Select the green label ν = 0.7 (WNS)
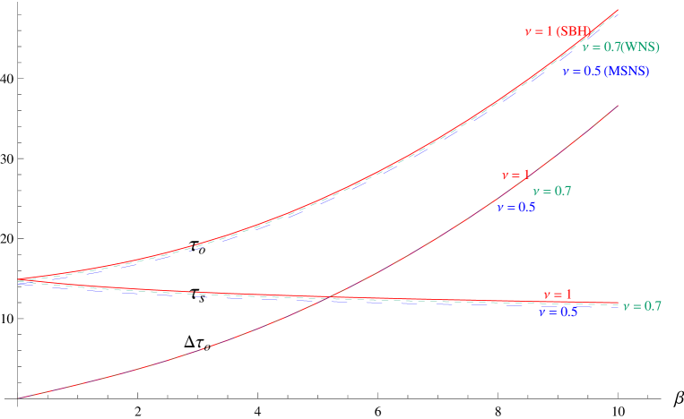click(620, 47)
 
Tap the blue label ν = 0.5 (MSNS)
click(605, 72)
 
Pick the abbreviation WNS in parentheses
click(642, 47)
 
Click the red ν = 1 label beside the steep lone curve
click(515, 175)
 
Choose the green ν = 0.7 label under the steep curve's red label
click(551, 191)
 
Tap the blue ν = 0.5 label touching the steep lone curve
click(516, 208)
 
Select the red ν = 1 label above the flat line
click(557, 295)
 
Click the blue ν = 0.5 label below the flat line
click(558, 312)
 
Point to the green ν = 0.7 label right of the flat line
click(642, 306)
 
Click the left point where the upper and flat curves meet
click(19, 281)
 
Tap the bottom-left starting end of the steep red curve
click(18, 398)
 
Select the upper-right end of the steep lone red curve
click(618, 106)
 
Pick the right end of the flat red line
click(618, 304)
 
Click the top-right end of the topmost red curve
click(618, 10)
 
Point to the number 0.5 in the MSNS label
click(593, 72)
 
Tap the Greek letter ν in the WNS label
click(585, 47)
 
